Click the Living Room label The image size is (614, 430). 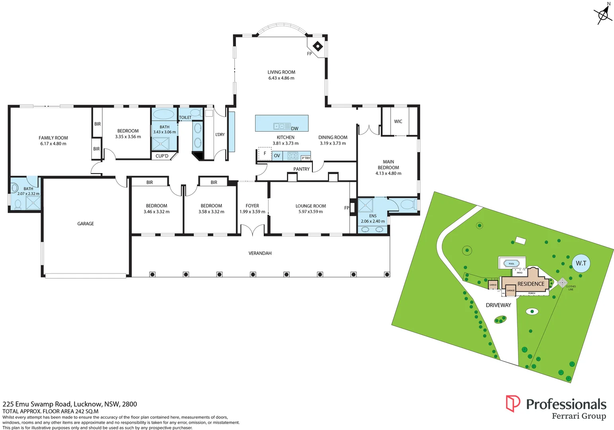pyautogui.click(x=281, y=72)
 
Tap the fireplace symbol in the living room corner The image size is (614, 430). pyautogui.click(x=318, y=46)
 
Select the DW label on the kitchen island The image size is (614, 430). pyautogui.click(x=294, y=129)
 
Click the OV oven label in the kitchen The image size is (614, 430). pyautogui.click(x=277, y=156)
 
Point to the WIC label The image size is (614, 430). pyautogui.click(x=398, y=121)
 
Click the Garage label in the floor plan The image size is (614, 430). pyautogui.click(x=86, y=224)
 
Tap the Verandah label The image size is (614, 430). pyautogui.click(x=260, y=253)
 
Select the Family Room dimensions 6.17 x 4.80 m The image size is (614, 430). pyautogui.click(x=53, y=144)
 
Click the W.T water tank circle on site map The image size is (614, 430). pyautogui.click(x=581, y=263)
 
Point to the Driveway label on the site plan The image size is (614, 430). pyautogui.click(x=498, y=305)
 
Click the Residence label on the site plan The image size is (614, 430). pyautogui.click(x=530, y=284)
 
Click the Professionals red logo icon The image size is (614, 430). pyautogui.click(x=513, y=403)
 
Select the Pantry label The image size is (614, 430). pyautogui.click(x=301, y=169)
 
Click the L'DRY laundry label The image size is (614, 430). pyautogui.click(x=220, y=135)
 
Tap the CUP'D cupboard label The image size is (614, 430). pyautogui.click(x=162, y=156)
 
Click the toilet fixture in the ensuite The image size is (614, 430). pyautogui.click(x=407, y=205)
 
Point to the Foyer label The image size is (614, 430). pyautogui.click(x=252, y=206)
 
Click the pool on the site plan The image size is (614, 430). pyautogui.click(x=511, y=264)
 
